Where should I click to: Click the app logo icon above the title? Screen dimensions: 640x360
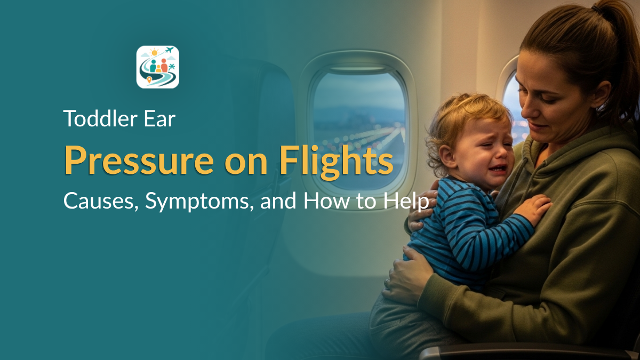coord(158,67)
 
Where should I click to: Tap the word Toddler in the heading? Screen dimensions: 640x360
coord(101,118)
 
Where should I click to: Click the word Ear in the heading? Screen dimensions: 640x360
coord(159,119)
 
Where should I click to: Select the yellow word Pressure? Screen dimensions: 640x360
coord(139,161)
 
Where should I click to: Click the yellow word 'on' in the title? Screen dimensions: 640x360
coord(246,165)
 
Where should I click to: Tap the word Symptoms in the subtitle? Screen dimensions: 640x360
coord(199,202)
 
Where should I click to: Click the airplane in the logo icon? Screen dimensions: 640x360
coord(170,50)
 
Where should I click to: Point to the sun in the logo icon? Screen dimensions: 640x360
coord(155,53)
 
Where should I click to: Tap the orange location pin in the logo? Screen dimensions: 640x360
coord(149,80)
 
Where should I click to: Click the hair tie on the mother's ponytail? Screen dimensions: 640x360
coord(598,10)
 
